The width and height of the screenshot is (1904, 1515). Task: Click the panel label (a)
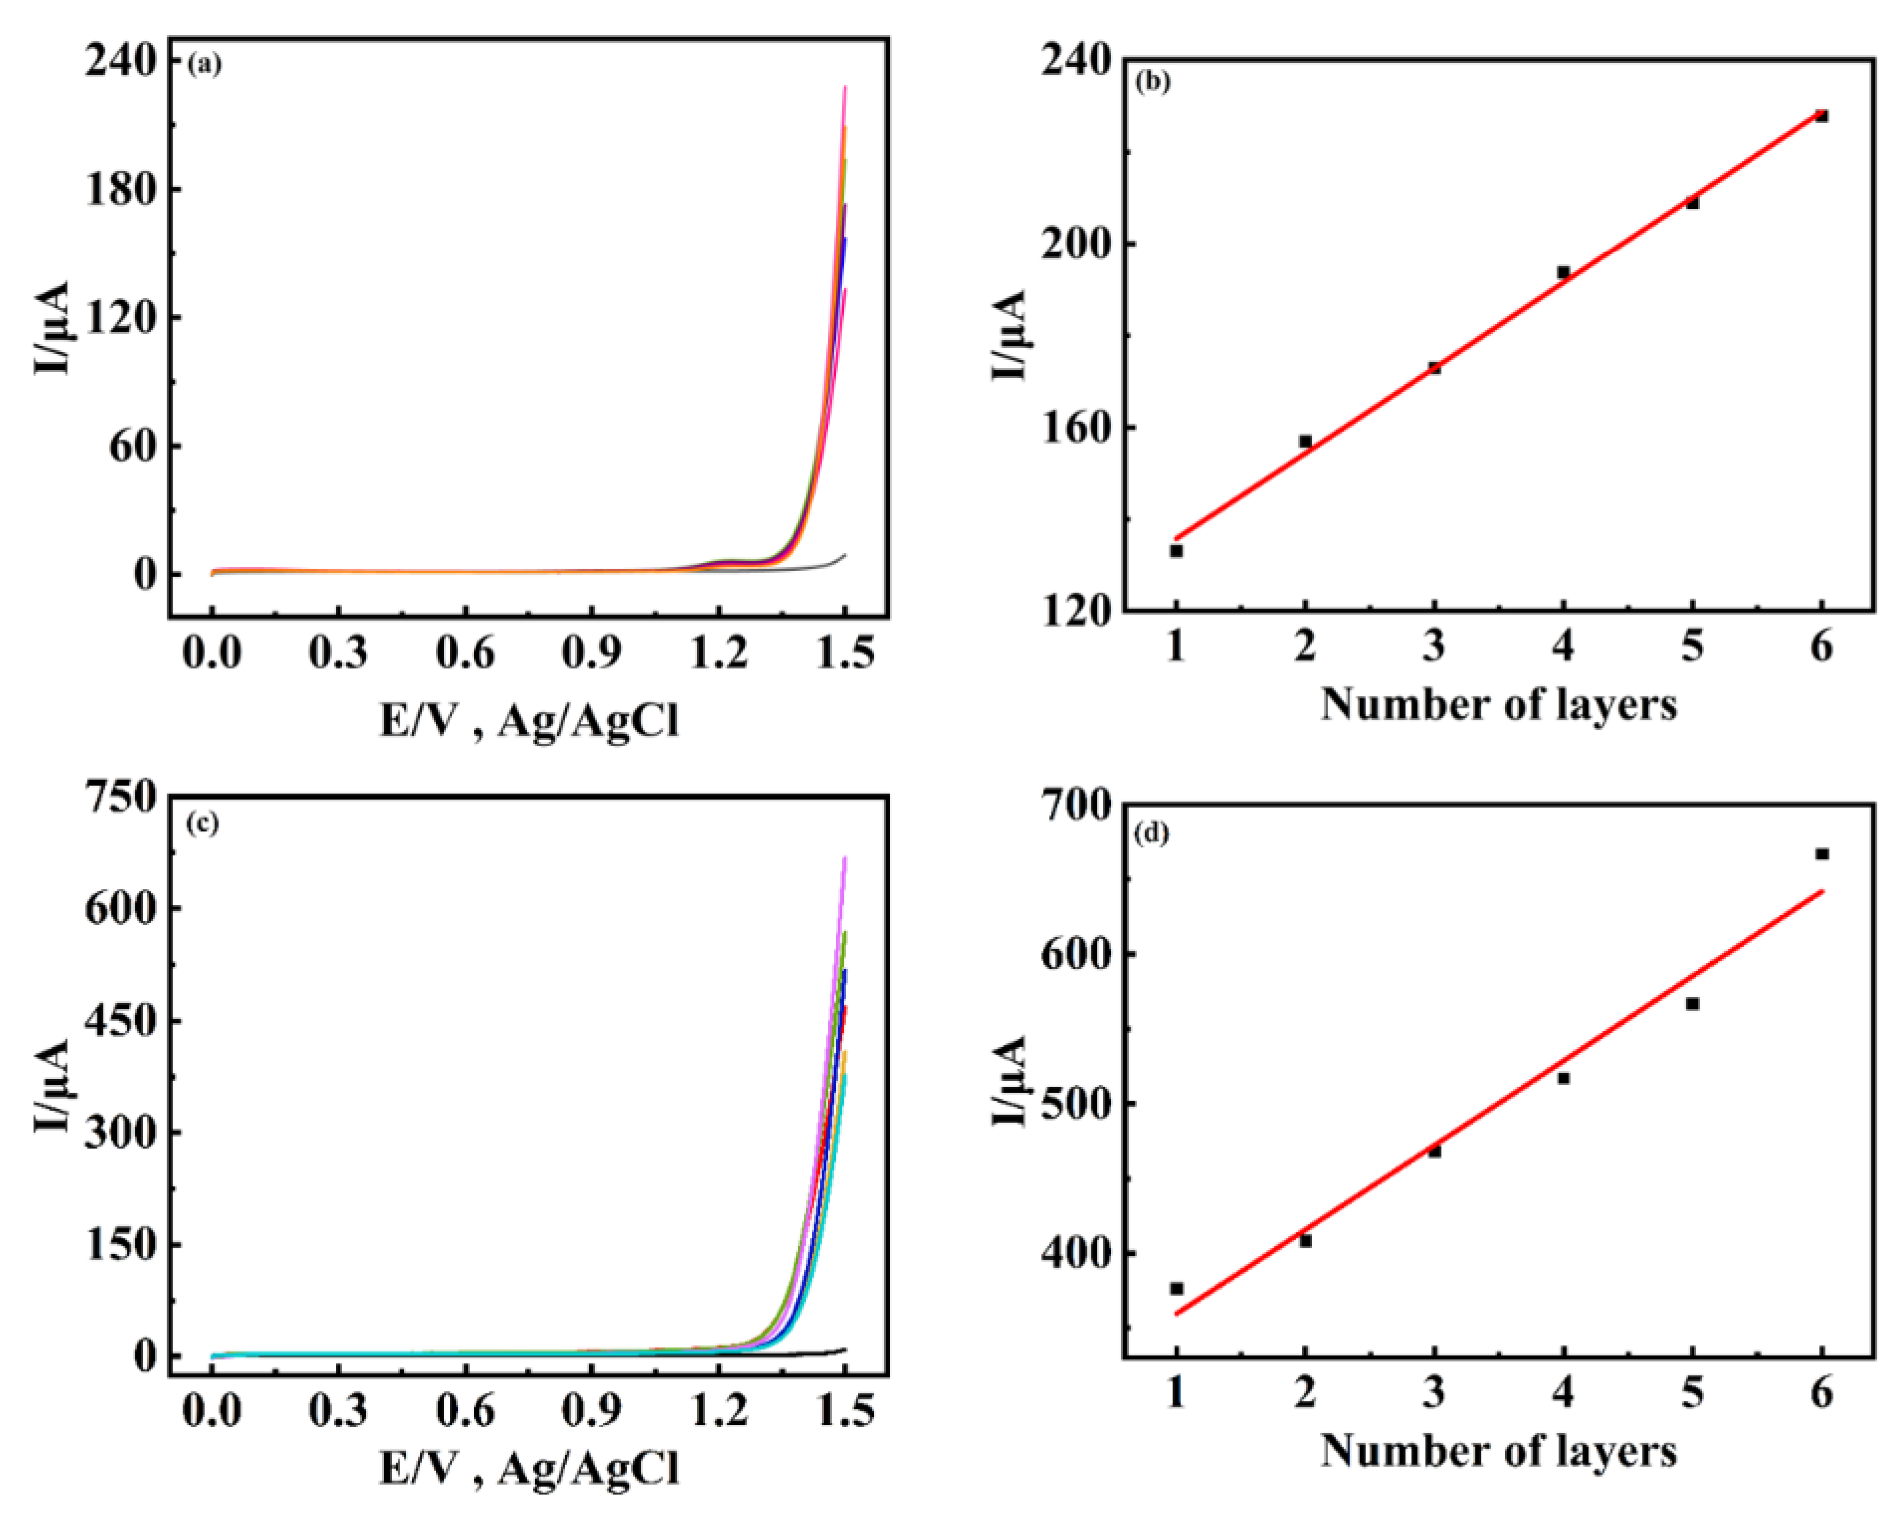[205, 65]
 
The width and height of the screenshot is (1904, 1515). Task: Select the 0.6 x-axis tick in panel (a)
[466, 655]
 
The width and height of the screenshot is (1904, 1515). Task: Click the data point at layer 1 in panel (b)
[1176, 550]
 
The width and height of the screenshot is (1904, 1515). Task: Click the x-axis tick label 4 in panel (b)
[1563, 647]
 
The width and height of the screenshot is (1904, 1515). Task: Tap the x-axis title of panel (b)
[1498, 706]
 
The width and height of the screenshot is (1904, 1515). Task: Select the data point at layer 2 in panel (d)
[1305, 1241]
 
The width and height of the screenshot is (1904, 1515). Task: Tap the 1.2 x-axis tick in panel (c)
[718, 1411]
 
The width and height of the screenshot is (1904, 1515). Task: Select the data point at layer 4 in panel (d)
[1563, 1078]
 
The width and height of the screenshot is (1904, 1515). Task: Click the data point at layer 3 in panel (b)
[1434, 368]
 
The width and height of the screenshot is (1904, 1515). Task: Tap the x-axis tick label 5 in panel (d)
[1692, 1393]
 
